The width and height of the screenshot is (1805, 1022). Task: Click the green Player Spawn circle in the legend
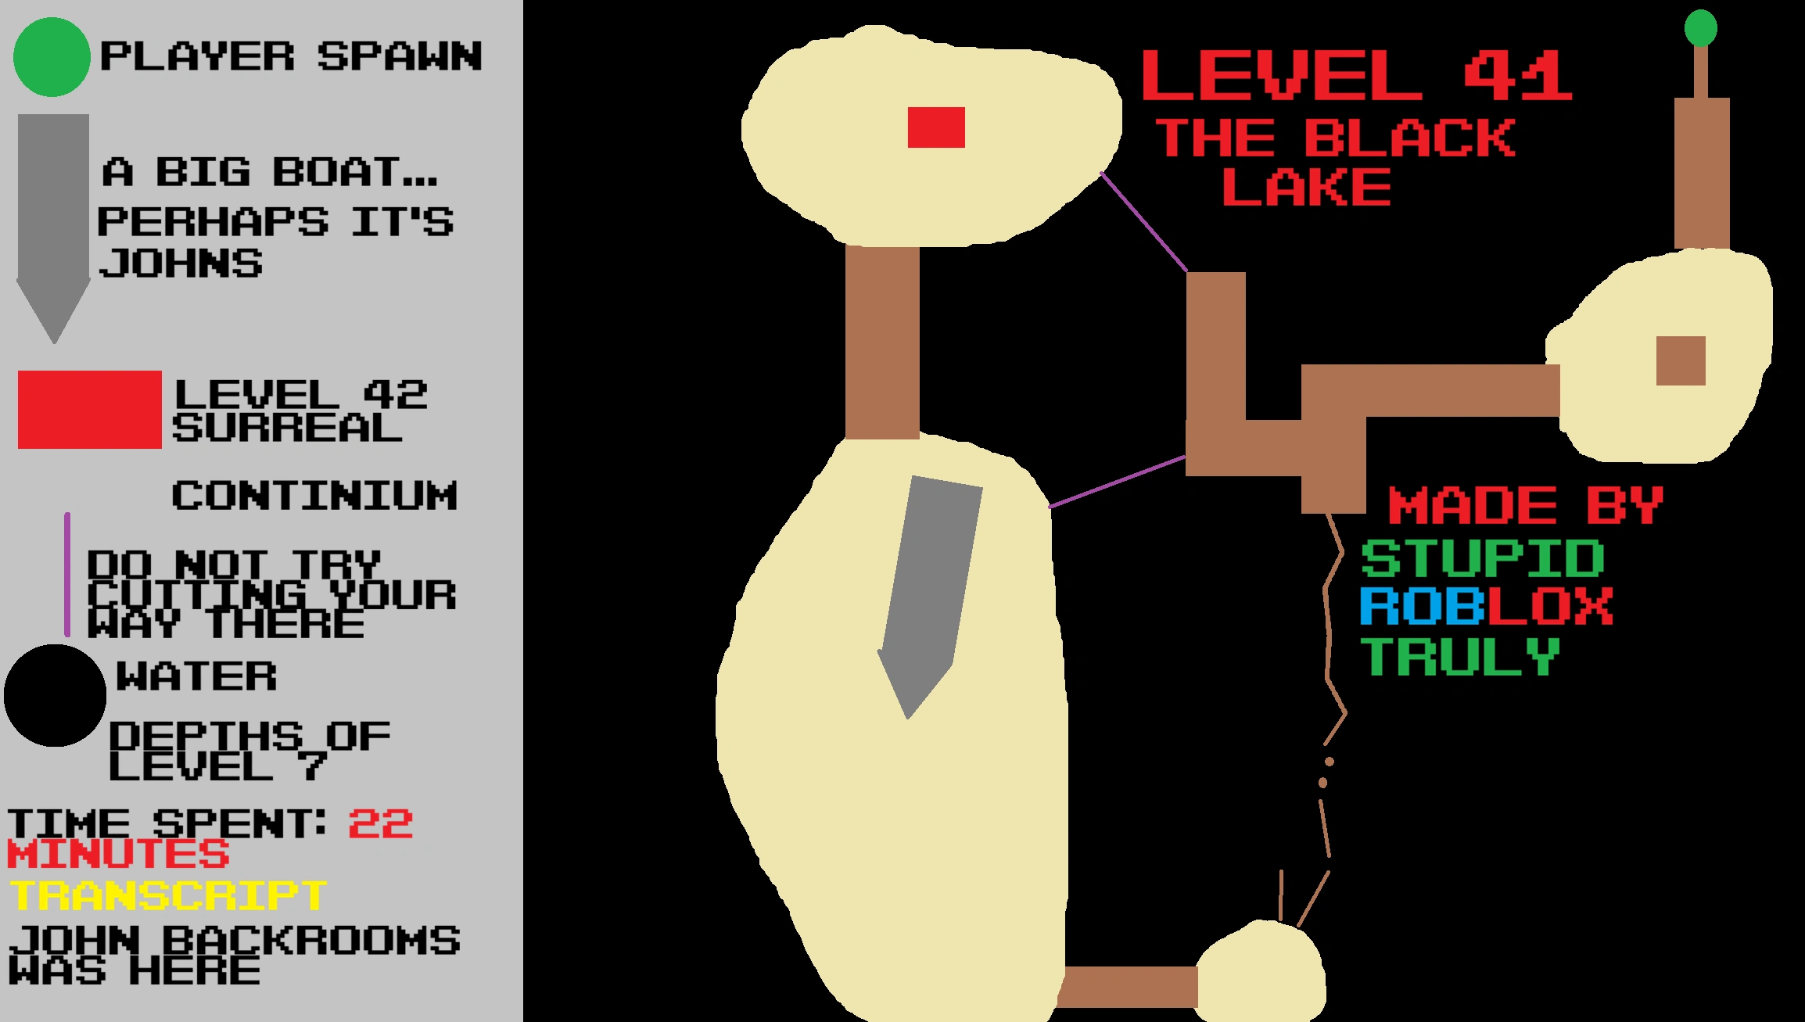(52, 57)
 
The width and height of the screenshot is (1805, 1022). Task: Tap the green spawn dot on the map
(1700, 29)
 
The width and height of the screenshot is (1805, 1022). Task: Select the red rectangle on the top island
(936, 127)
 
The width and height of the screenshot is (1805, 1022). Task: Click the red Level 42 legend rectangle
(89, 410)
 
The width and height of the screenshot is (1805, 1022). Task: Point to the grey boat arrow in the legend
(53, 219)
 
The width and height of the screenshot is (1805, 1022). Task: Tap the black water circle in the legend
(55, 695)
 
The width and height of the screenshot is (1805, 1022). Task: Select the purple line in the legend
(67, 575)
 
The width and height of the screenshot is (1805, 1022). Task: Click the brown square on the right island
(1681, 360)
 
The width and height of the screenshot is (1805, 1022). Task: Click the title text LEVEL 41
(1357, 76)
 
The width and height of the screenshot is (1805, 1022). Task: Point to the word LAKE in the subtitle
(1307, 188)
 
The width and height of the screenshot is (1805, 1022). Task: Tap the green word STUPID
(1482, 558)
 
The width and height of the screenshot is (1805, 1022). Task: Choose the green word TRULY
(1460, 656)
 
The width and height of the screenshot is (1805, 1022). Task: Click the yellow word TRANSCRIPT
(167, 895)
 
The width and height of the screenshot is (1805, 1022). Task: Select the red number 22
(381, 824)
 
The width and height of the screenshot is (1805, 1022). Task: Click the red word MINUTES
(118, 854)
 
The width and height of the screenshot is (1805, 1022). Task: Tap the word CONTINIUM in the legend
(314, 496)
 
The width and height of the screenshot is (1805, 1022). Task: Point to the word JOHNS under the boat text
(181, 264)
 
